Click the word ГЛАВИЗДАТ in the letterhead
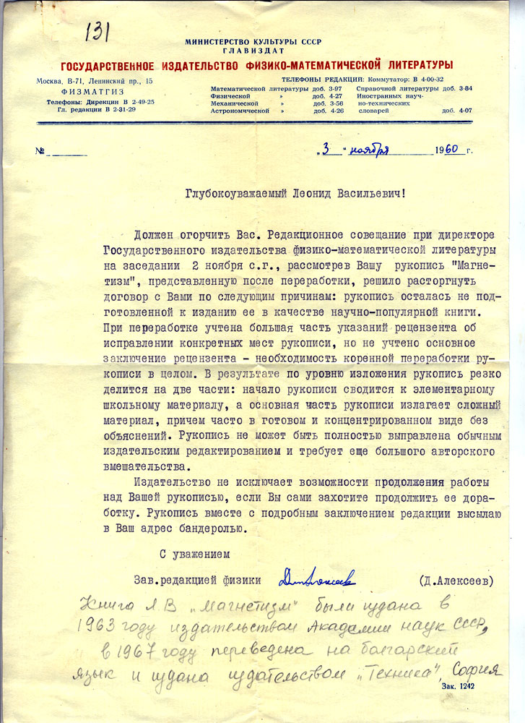(253, 51)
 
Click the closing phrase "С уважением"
(194, 555)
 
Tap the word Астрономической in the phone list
(240, 111)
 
